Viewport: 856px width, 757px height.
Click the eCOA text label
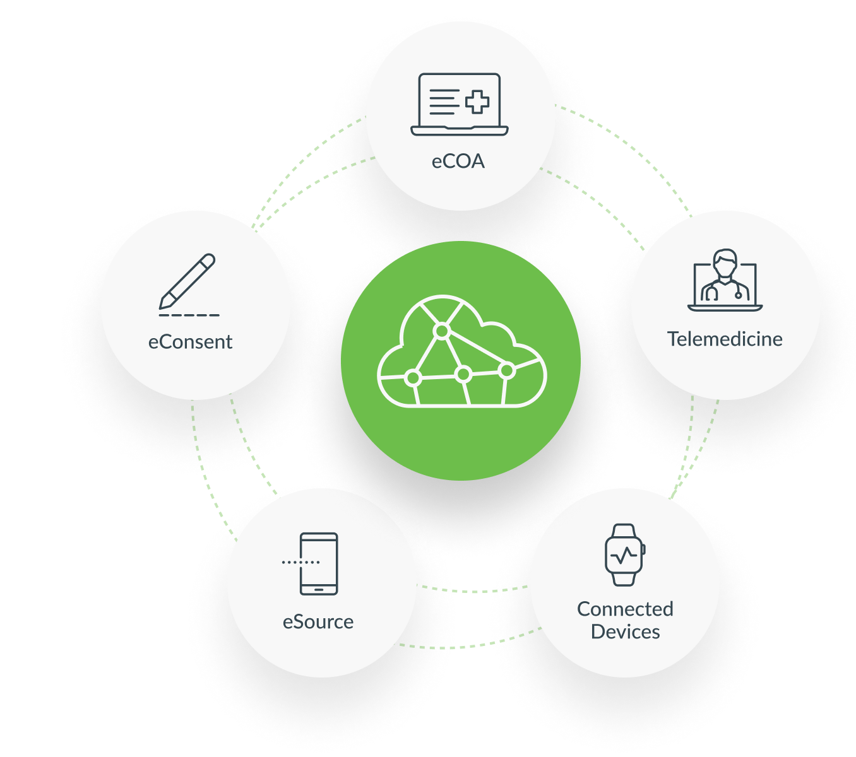458,161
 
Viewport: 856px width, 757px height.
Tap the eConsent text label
190,342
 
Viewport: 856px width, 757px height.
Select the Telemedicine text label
725,339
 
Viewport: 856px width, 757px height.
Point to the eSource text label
318,622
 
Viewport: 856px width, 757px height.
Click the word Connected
625,609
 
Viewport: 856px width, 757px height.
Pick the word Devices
625,632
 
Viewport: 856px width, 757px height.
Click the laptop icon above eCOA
459,104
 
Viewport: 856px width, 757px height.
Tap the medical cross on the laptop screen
477,102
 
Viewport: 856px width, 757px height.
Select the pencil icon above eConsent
187,281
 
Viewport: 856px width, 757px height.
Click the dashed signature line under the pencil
189,315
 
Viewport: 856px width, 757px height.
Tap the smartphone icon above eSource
319,563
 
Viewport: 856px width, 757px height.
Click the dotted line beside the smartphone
300,561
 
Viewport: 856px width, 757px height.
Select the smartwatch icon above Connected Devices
624,555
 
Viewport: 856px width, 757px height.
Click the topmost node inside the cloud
442,331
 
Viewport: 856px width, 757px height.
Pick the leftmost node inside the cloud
413,378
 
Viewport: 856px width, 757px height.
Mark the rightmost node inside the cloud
506,371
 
